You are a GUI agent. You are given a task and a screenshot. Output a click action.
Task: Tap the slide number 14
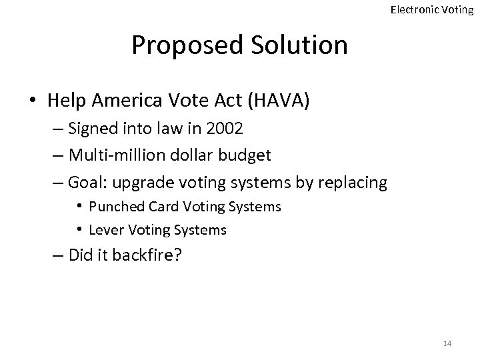pos(447,343)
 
